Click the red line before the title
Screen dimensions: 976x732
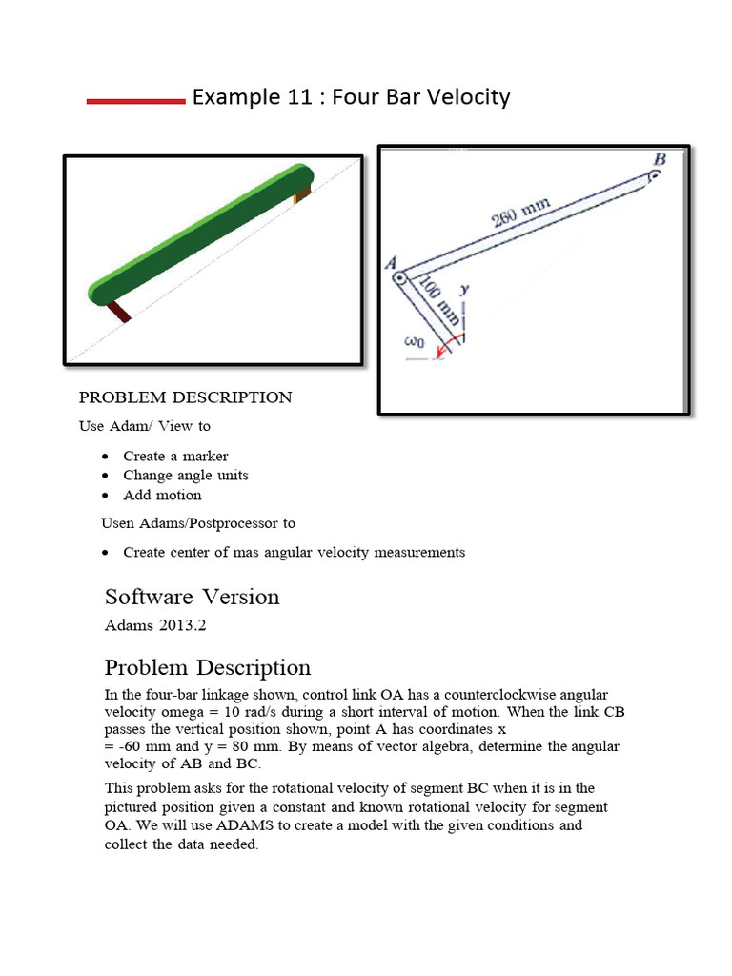click(x=134, y=100)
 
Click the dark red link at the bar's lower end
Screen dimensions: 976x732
click(x=119, y=312)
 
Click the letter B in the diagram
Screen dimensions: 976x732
click(x=660, y=159)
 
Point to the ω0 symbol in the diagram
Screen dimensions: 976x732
click(x=413, y=341)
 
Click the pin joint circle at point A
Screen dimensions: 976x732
click(x=401, y=280)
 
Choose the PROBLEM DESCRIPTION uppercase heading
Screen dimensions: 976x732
click(x=185, y=397)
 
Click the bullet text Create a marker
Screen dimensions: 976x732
click(x=175, y=456)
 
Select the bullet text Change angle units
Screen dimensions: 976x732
click(x=186, y=475)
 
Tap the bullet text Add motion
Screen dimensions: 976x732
click(x=162, y=495)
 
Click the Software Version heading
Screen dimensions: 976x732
click(x=192, y=597)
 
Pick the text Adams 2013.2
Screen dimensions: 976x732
click(x=155, y=626)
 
